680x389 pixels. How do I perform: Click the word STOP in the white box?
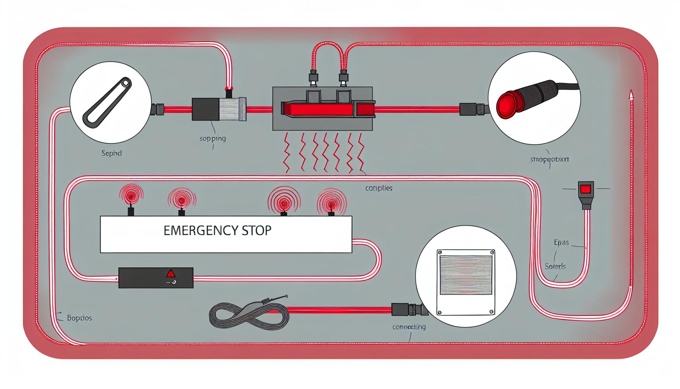click(x=257, y=231)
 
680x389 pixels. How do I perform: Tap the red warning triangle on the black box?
click(x=171, y=273)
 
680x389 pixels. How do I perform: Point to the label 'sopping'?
click(x=212, y=138)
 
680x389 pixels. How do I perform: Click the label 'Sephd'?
click(x=112, y=153)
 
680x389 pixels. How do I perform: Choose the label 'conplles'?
click(x=378, y=188)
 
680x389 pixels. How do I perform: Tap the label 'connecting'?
click(x=409, y=327)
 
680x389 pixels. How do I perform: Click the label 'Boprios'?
click(x=79, y=318)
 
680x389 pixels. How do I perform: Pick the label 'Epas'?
click(x=561, y=242)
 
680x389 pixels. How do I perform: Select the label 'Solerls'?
click(x=555, y=266)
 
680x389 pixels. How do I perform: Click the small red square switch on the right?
click(x=586, y=189)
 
